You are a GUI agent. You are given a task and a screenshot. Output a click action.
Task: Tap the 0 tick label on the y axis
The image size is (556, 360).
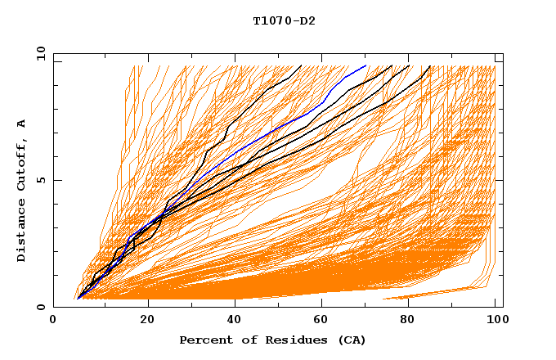(41, 307)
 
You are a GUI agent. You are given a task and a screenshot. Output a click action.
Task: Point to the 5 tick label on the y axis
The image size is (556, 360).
(41, 180)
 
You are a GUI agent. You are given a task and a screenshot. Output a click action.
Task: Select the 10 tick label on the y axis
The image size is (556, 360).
(38, 53)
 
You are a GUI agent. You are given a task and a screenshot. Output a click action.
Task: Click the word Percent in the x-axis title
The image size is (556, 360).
(204, 340)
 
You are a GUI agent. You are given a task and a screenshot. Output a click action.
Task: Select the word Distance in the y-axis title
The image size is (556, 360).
(22, 229)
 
